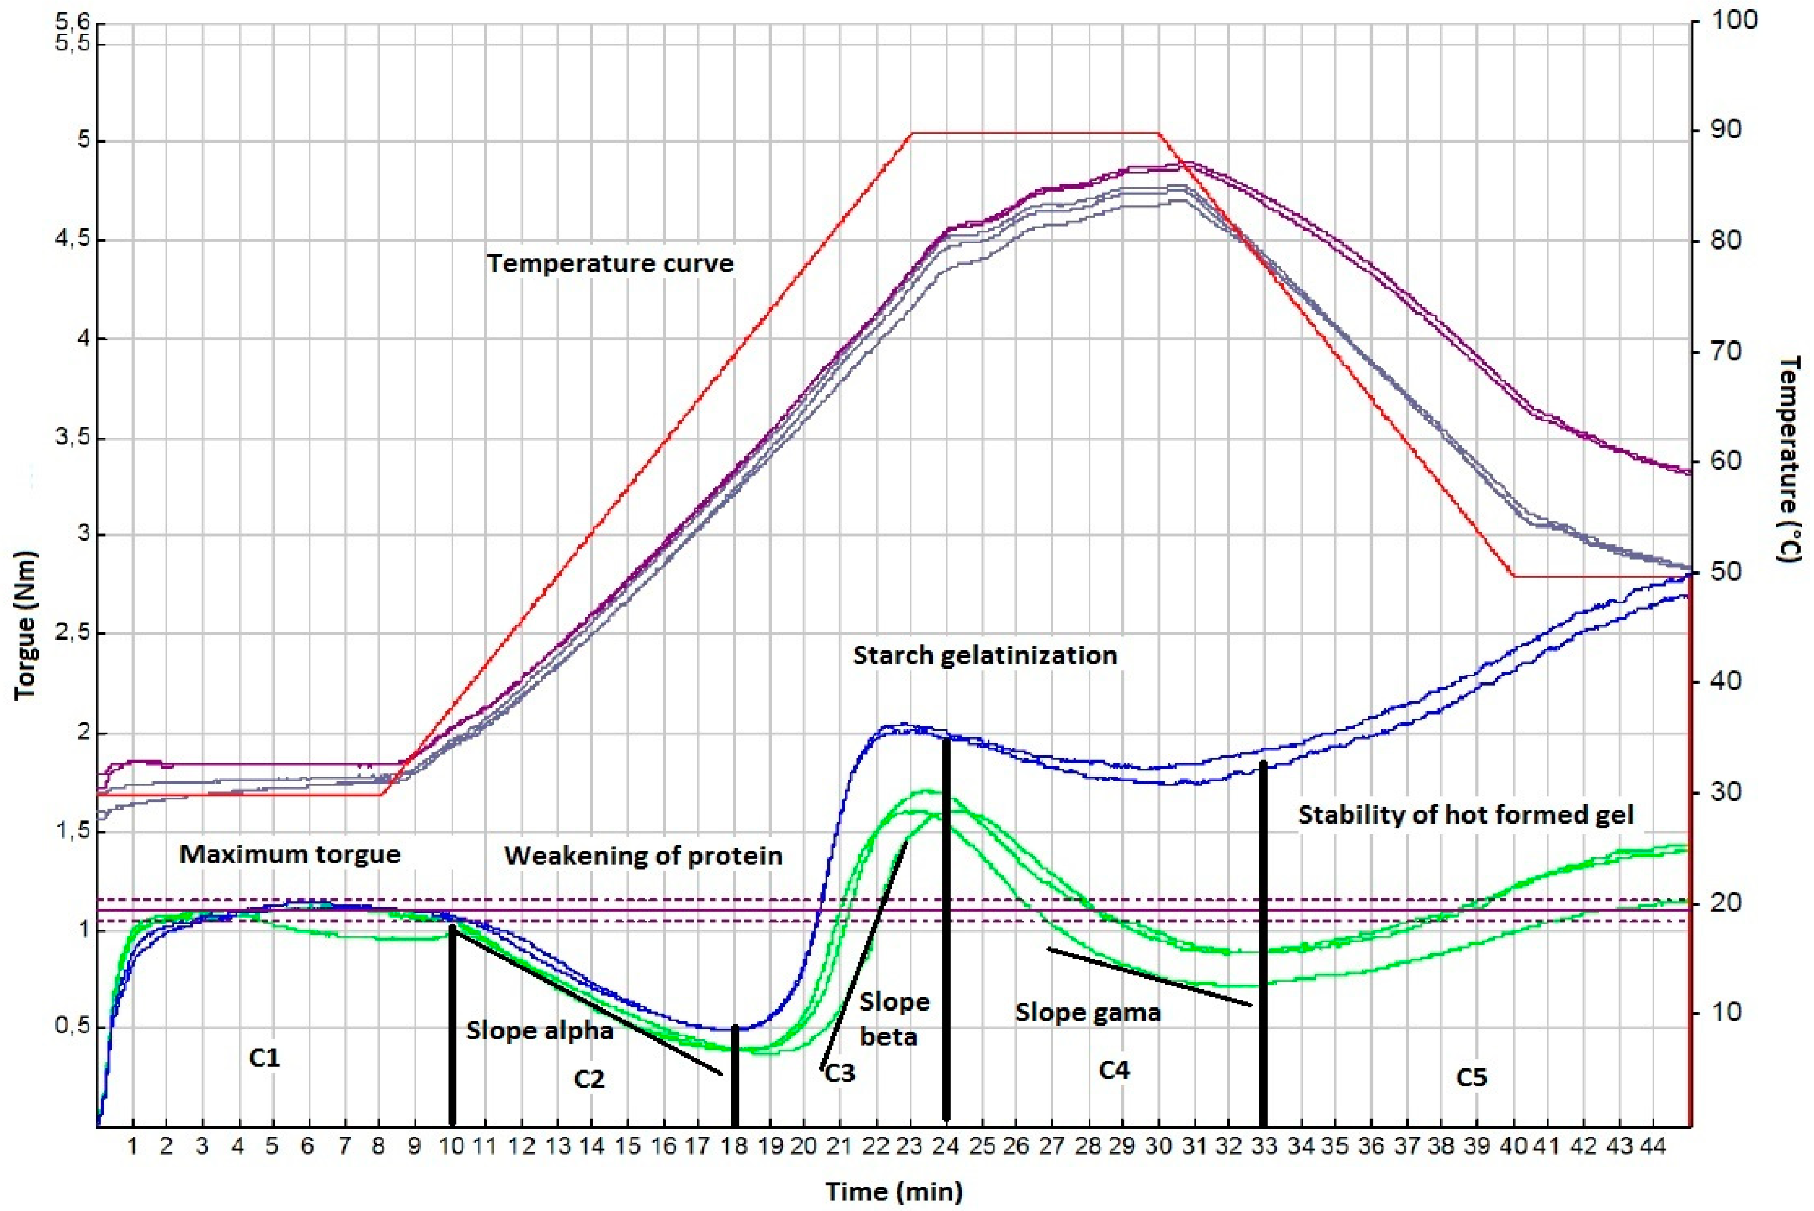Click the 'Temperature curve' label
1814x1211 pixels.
tap(609, 264)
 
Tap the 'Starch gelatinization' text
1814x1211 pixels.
tap(984, 656)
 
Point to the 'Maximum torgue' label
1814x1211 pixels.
tap(289, 854)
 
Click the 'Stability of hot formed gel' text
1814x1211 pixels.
tap(1466, 816)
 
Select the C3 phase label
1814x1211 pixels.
tap(841, 1074)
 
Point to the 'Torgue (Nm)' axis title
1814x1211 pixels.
tap(25, 626)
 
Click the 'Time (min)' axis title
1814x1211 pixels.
tap(894, 1191)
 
